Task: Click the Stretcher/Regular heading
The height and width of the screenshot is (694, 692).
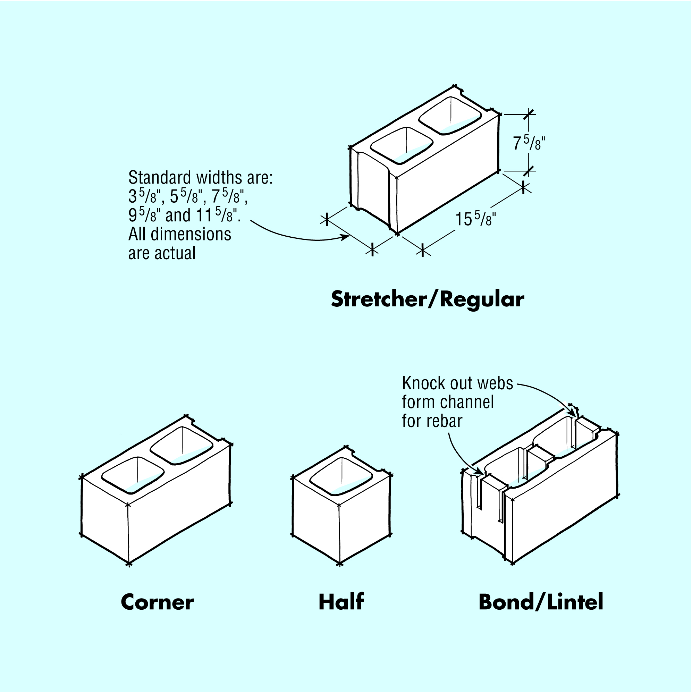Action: pos(428,299)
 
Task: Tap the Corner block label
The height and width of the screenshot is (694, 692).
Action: pos(157,602)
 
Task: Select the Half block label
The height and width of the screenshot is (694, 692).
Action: pos(341,602)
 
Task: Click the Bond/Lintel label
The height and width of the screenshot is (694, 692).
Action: pos(541,602)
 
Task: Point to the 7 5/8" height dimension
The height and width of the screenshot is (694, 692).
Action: pos(529,144)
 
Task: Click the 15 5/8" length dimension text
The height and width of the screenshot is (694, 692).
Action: pos(475,219)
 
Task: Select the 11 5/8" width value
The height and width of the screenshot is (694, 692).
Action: pos(218,215)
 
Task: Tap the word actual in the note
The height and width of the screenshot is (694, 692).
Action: pos(175,253)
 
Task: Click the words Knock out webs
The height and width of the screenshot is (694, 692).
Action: pos(457,383)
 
